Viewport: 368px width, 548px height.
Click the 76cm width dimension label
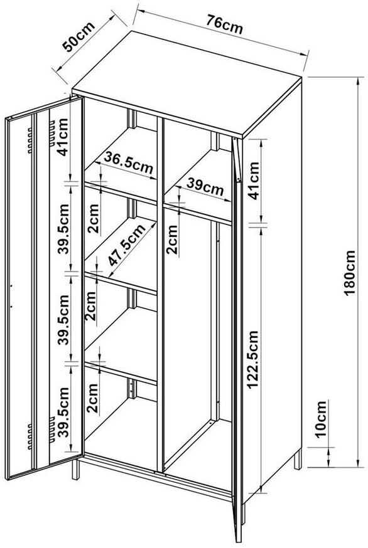(x=224, y=24)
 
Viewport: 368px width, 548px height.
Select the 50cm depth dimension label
(x=78, y=37)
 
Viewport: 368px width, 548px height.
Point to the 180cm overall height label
(x=350, y=273)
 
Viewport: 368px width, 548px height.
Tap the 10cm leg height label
(x=321, y=419)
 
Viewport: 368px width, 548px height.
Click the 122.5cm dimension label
(x=252, y=360)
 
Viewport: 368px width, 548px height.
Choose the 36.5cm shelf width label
(x=128, y=163)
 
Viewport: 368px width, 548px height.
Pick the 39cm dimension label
(x=205, y=187)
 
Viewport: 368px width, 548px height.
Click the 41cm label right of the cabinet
(x=254, y=181)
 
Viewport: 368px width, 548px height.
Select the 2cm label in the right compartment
(x=172, y=240)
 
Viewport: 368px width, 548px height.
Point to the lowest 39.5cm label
(x=63, y=412)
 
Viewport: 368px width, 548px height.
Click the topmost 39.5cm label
(x=64, y=229)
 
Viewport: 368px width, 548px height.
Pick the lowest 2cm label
(x=93, y=399)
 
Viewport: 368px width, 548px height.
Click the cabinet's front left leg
(x=75, y=469)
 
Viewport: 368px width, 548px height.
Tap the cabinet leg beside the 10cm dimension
(x=298, y=460)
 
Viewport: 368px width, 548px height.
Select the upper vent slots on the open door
(x=41, y=137)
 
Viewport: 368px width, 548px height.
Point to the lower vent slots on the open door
(x=41, y=433)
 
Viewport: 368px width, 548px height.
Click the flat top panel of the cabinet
(x=187, y=83)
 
